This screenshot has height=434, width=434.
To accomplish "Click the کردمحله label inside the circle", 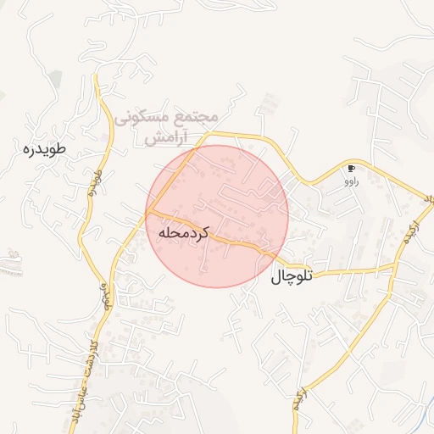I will pyautogui.click(x=182, y=230).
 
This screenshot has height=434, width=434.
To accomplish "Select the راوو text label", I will pyautogui.click(x=351, y=181).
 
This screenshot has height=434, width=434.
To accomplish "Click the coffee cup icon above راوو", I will pyautogui.click(x=351, y=169).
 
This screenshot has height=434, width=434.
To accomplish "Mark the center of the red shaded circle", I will pyautogui.click(x=217, y=216).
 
